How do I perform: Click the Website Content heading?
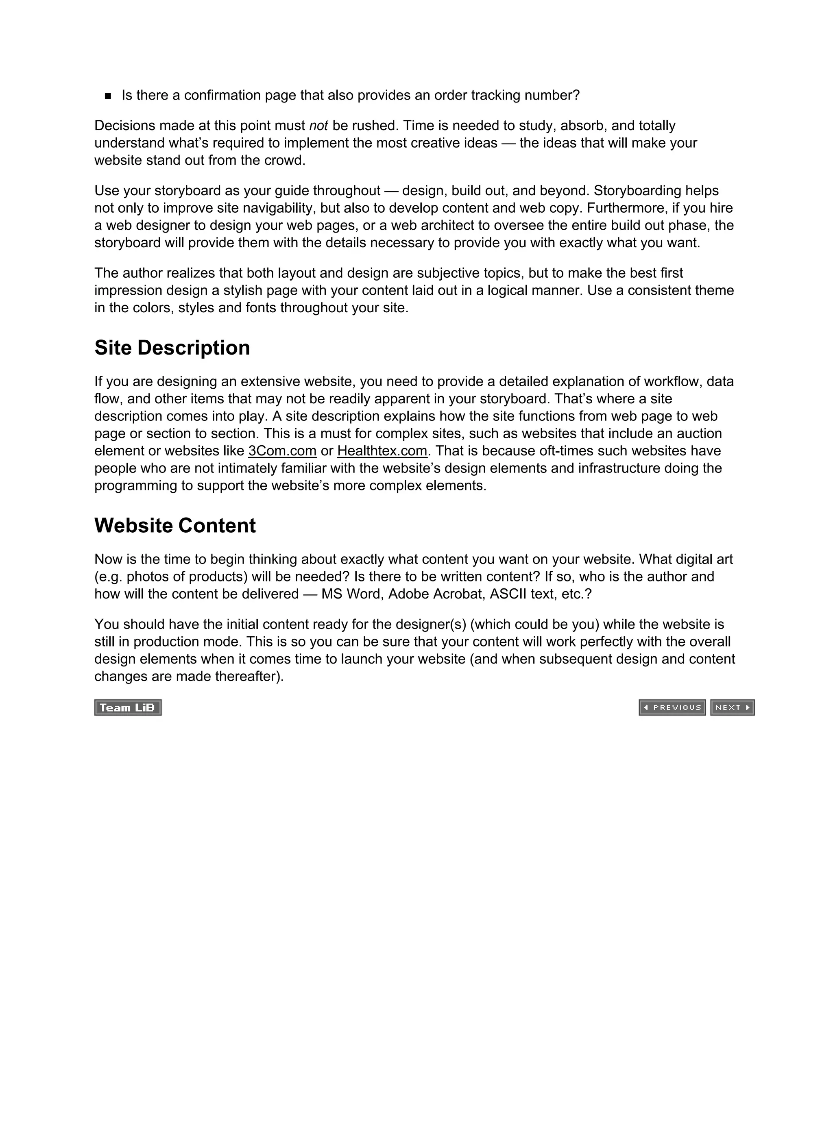click(x=175, y=526)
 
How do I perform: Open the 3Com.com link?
click(x=282, y=451)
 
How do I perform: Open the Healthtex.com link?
click(x=382, y=451)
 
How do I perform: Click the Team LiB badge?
click(x=128, y=708)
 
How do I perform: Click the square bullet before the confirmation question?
click(x=108, y=96)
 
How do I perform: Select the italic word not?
click(x=318, y=126)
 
